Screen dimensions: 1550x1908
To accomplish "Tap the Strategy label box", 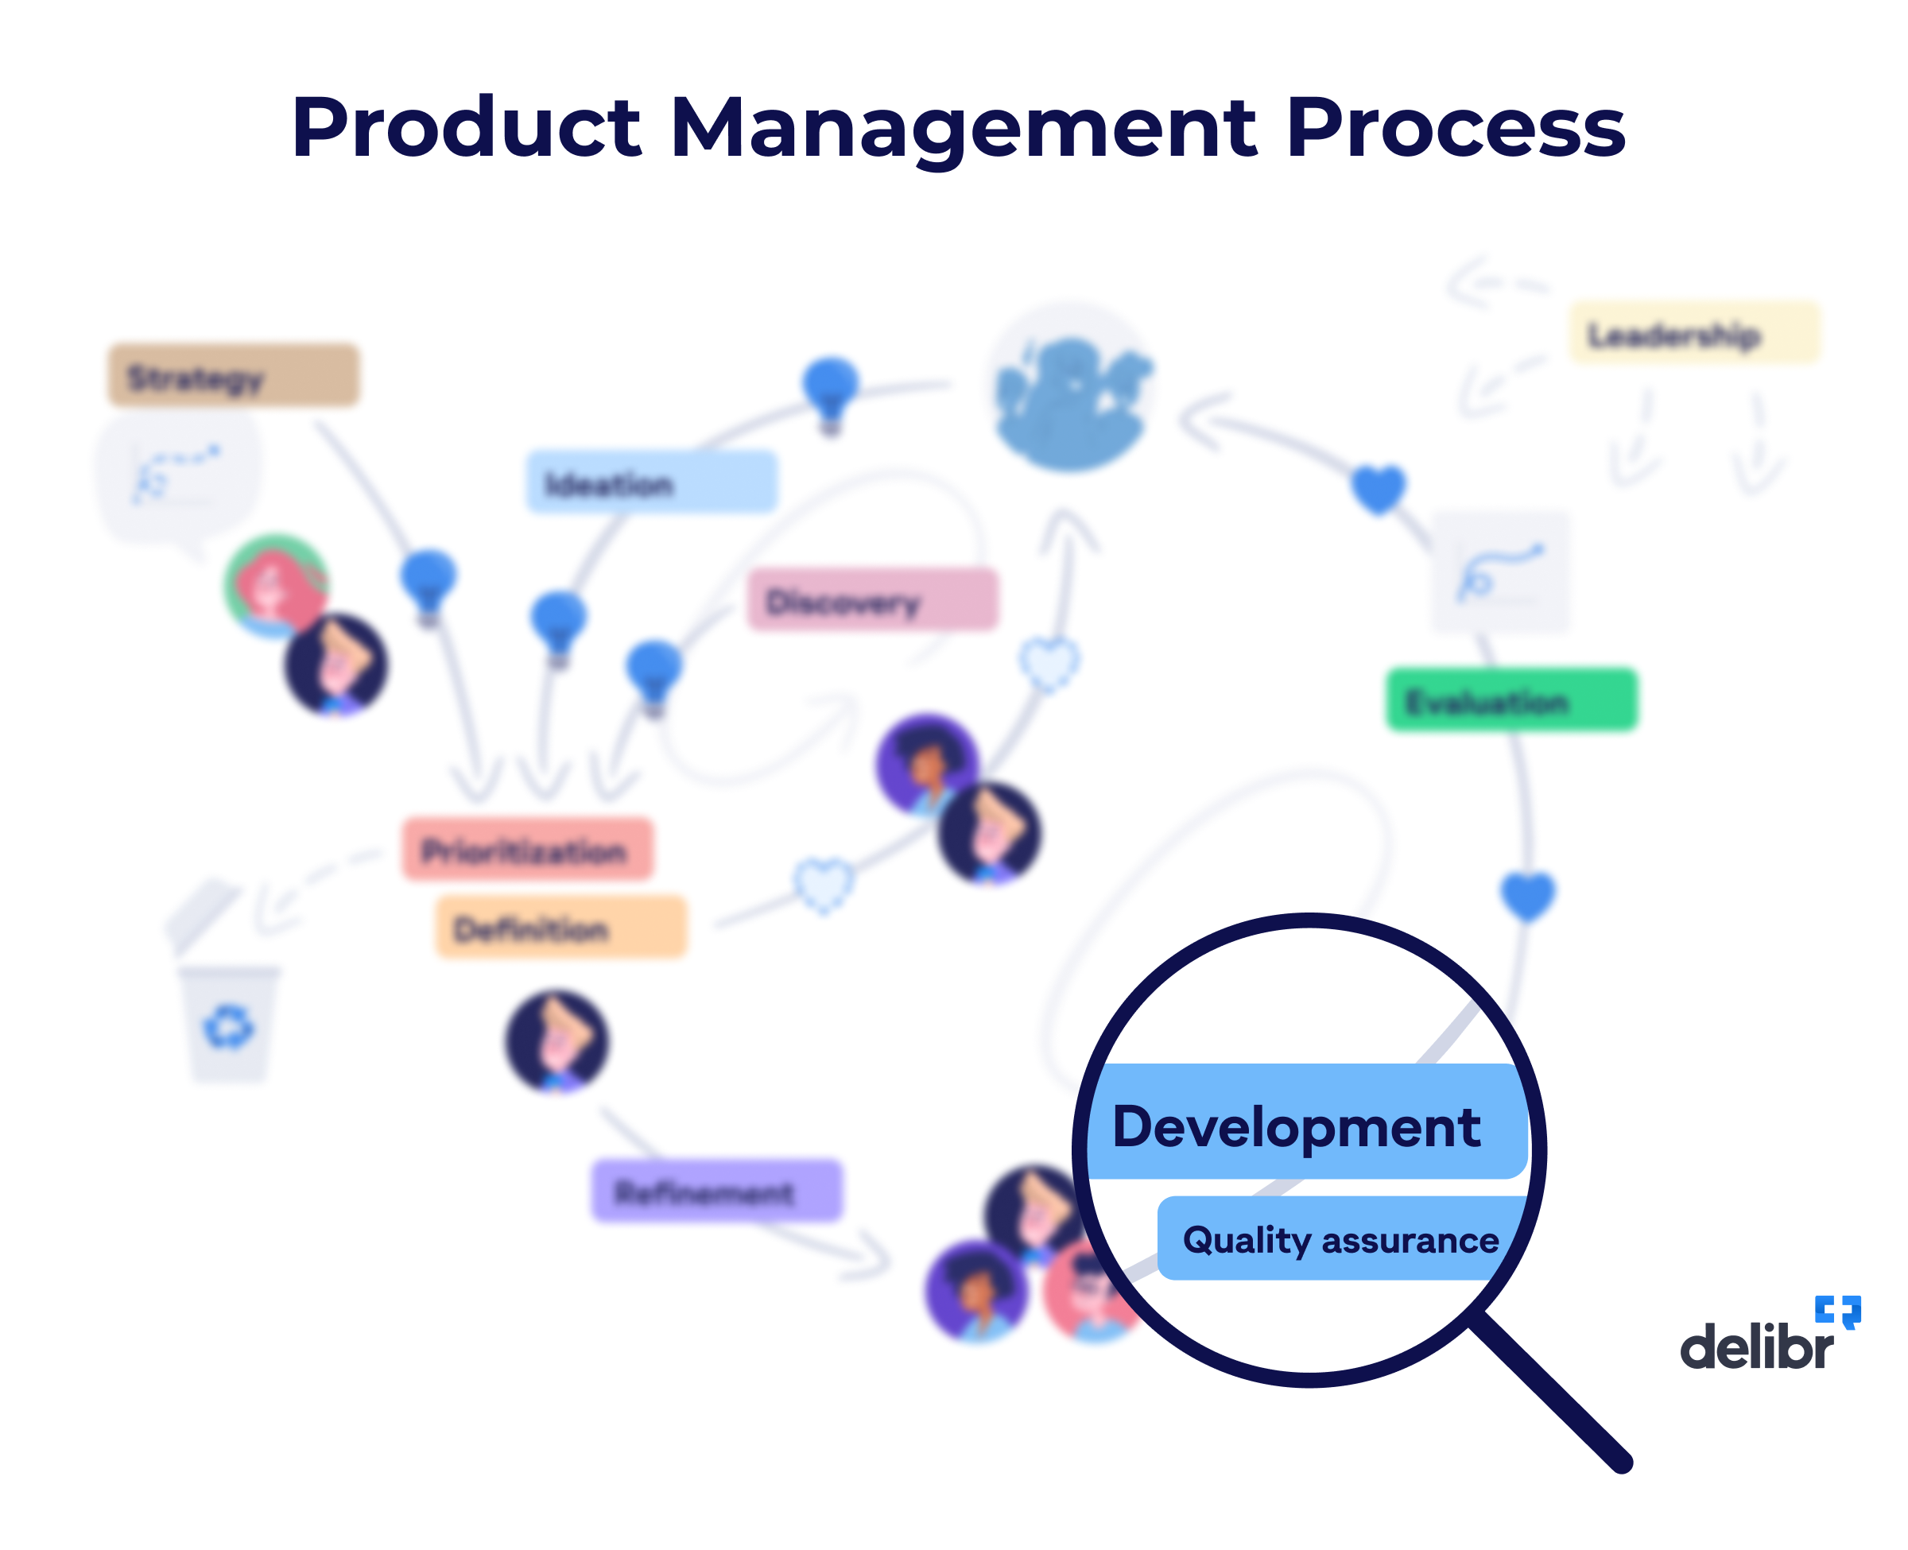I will tap(233, 376).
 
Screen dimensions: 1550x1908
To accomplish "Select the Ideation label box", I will tap(651, 482).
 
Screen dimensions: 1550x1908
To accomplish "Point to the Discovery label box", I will tap(871, 600).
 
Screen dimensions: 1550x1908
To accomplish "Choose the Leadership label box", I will tap(1693, 333).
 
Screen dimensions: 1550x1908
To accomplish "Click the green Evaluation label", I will tap(1510, 700).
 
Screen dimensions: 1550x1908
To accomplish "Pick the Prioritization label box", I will tap(527, 849).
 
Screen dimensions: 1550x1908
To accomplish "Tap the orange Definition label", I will tap(560, 927).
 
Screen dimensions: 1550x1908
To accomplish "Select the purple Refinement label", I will tap(716, 1190).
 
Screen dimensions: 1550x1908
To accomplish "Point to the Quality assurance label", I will tap(1340, 1239).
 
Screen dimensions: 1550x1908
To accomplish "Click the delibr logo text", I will tap(1755, 1347).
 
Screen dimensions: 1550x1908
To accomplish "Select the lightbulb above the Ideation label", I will tap(830, 391).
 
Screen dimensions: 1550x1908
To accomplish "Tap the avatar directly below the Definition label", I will tap(557, 1040).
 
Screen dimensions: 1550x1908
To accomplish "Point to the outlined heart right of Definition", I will tap(823, 884).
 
